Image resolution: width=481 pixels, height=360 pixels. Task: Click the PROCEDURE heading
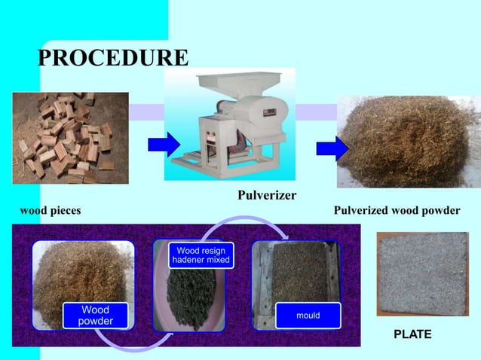click(114, 57)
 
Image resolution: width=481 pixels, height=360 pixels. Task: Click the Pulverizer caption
click(267, 197)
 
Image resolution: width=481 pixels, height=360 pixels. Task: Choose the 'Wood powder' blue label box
click(96, 316)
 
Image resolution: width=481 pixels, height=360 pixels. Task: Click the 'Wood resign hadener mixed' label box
click(201, 255)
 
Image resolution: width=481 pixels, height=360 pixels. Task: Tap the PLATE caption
click(413, 334)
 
